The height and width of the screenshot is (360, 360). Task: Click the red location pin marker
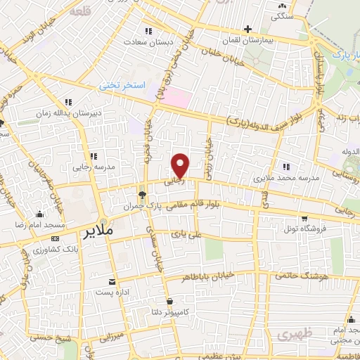pos(181,165)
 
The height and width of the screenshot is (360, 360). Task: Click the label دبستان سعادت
pos(149,41)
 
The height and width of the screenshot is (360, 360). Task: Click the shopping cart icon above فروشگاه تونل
pos(304,219)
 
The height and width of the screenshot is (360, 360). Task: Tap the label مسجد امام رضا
pos(40,225)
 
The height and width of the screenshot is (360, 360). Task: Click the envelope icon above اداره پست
pos(110,280)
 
